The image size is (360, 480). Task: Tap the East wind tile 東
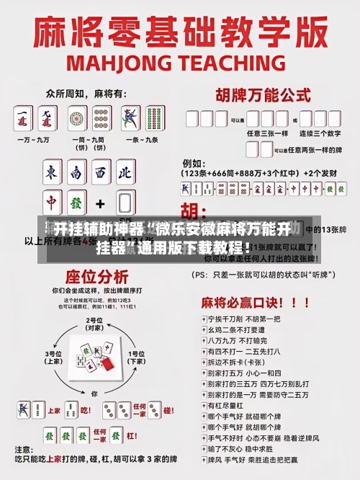point(51,172)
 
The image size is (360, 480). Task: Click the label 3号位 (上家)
point(53,357)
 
